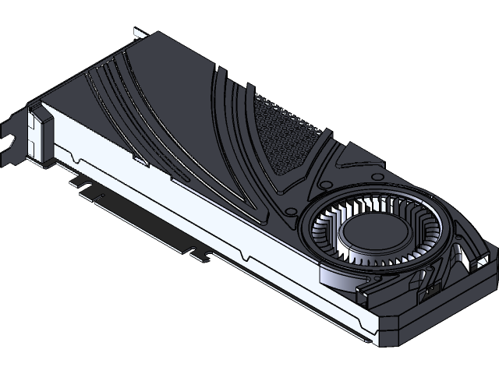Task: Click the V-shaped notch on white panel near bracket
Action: (x=73, y=159)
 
